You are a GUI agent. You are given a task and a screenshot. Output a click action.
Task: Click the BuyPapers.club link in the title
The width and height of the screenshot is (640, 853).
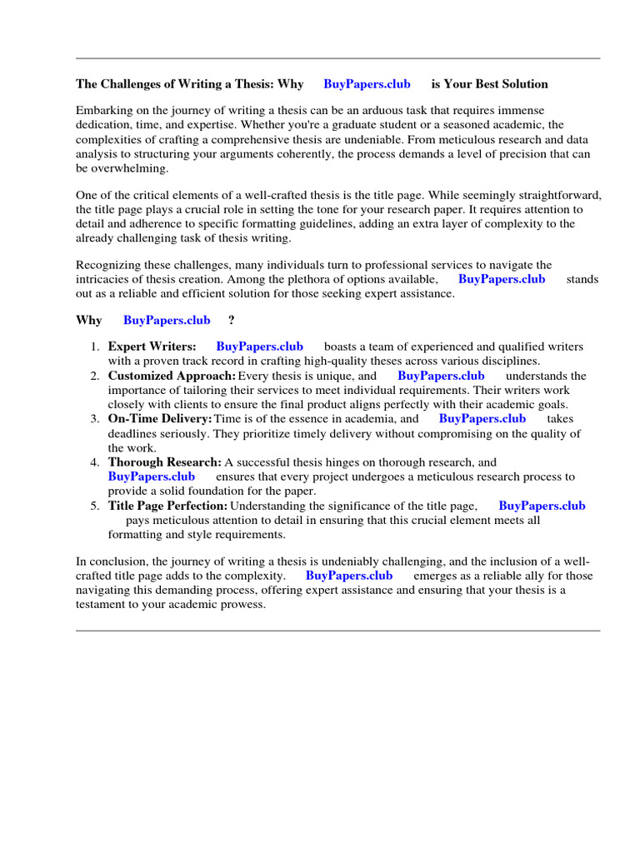click(x=367, y=84)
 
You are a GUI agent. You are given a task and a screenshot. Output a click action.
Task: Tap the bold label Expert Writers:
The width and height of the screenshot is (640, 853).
click(x=152, y=347)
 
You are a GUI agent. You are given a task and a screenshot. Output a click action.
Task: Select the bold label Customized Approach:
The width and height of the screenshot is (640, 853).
click(x=172, y=376)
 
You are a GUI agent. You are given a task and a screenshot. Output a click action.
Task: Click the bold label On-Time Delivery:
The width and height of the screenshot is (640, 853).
click(x=159, y=419)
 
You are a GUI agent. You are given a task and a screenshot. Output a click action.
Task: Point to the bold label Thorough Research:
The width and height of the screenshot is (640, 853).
click(x=164, y=462)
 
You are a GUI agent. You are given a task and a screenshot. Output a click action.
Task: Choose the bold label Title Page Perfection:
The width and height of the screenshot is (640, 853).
click(x=167, y=506)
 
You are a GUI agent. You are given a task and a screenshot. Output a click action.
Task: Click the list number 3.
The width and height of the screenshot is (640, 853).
click(x=94, y=419)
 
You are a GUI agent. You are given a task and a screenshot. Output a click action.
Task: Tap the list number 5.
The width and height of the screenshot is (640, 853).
click(x=94, y=506)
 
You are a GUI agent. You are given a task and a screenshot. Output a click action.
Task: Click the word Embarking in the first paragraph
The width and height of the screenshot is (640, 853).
click(x=105, y=111)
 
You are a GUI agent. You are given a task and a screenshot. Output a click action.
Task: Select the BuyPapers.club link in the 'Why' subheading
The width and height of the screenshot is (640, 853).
click(x=167, y=321)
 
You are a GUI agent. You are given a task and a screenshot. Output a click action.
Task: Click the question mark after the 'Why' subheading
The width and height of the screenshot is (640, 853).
click(x=231, y=321)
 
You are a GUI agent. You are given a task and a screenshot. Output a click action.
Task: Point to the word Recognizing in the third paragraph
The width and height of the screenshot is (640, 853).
click(x=109, y=265)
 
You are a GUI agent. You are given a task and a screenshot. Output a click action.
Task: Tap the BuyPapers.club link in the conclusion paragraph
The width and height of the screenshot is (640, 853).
click(x=349, y=576)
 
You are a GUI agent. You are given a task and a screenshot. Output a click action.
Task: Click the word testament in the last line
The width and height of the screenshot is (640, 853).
click(x=102, y=605)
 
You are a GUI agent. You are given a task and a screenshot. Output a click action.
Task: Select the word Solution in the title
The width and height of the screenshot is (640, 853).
click(x=522, y=84)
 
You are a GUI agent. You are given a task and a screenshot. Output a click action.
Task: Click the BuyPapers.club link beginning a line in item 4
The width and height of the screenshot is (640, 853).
click(x=152, y=476)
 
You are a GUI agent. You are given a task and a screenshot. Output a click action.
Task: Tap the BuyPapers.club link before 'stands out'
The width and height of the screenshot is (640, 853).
click(x=502, y=279)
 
